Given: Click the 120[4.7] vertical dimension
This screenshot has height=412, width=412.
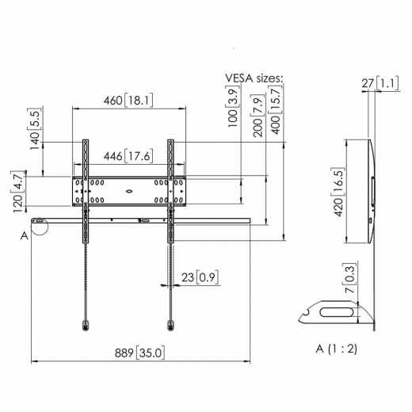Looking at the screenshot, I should point(17,191).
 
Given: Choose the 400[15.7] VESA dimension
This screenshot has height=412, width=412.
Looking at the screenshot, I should point(277,111).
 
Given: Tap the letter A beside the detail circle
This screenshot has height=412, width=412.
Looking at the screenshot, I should point(25,235).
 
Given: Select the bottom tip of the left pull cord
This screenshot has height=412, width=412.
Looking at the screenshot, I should point(85,323).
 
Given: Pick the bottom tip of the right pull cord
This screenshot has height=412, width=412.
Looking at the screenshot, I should point(170,323).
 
